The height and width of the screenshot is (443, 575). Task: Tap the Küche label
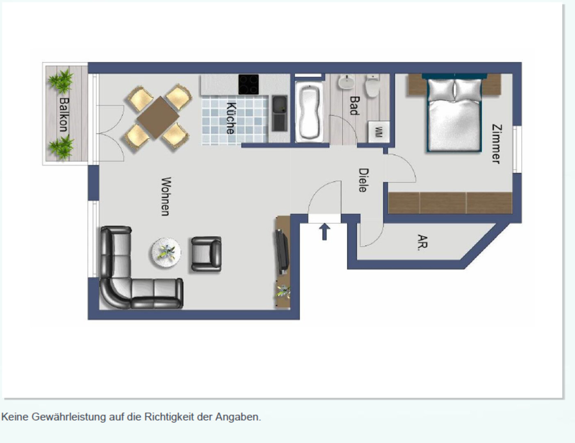[231, 118]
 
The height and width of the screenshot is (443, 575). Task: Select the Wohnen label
[166, 196]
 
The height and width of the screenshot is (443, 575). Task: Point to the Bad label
[355, 105]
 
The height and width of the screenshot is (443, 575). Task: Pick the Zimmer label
[497, 144]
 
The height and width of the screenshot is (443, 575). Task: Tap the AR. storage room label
[422, 242]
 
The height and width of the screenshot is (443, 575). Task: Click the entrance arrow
[324, 232]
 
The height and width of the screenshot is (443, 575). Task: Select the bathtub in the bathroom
[309, 112]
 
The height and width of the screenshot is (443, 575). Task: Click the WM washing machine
[379, 132]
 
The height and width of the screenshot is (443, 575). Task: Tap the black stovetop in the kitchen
[249, 84]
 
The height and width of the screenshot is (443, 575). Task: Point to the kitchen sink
[280, 113]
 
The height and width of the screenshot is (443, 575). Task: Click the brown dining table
[158, 117]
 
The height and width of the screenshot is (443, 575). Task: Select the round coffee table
[166, 252]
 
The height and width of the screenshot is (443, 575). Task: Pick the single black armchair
[206, 254]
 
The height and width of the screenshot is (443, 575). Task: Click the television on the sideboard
[282, 251]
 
